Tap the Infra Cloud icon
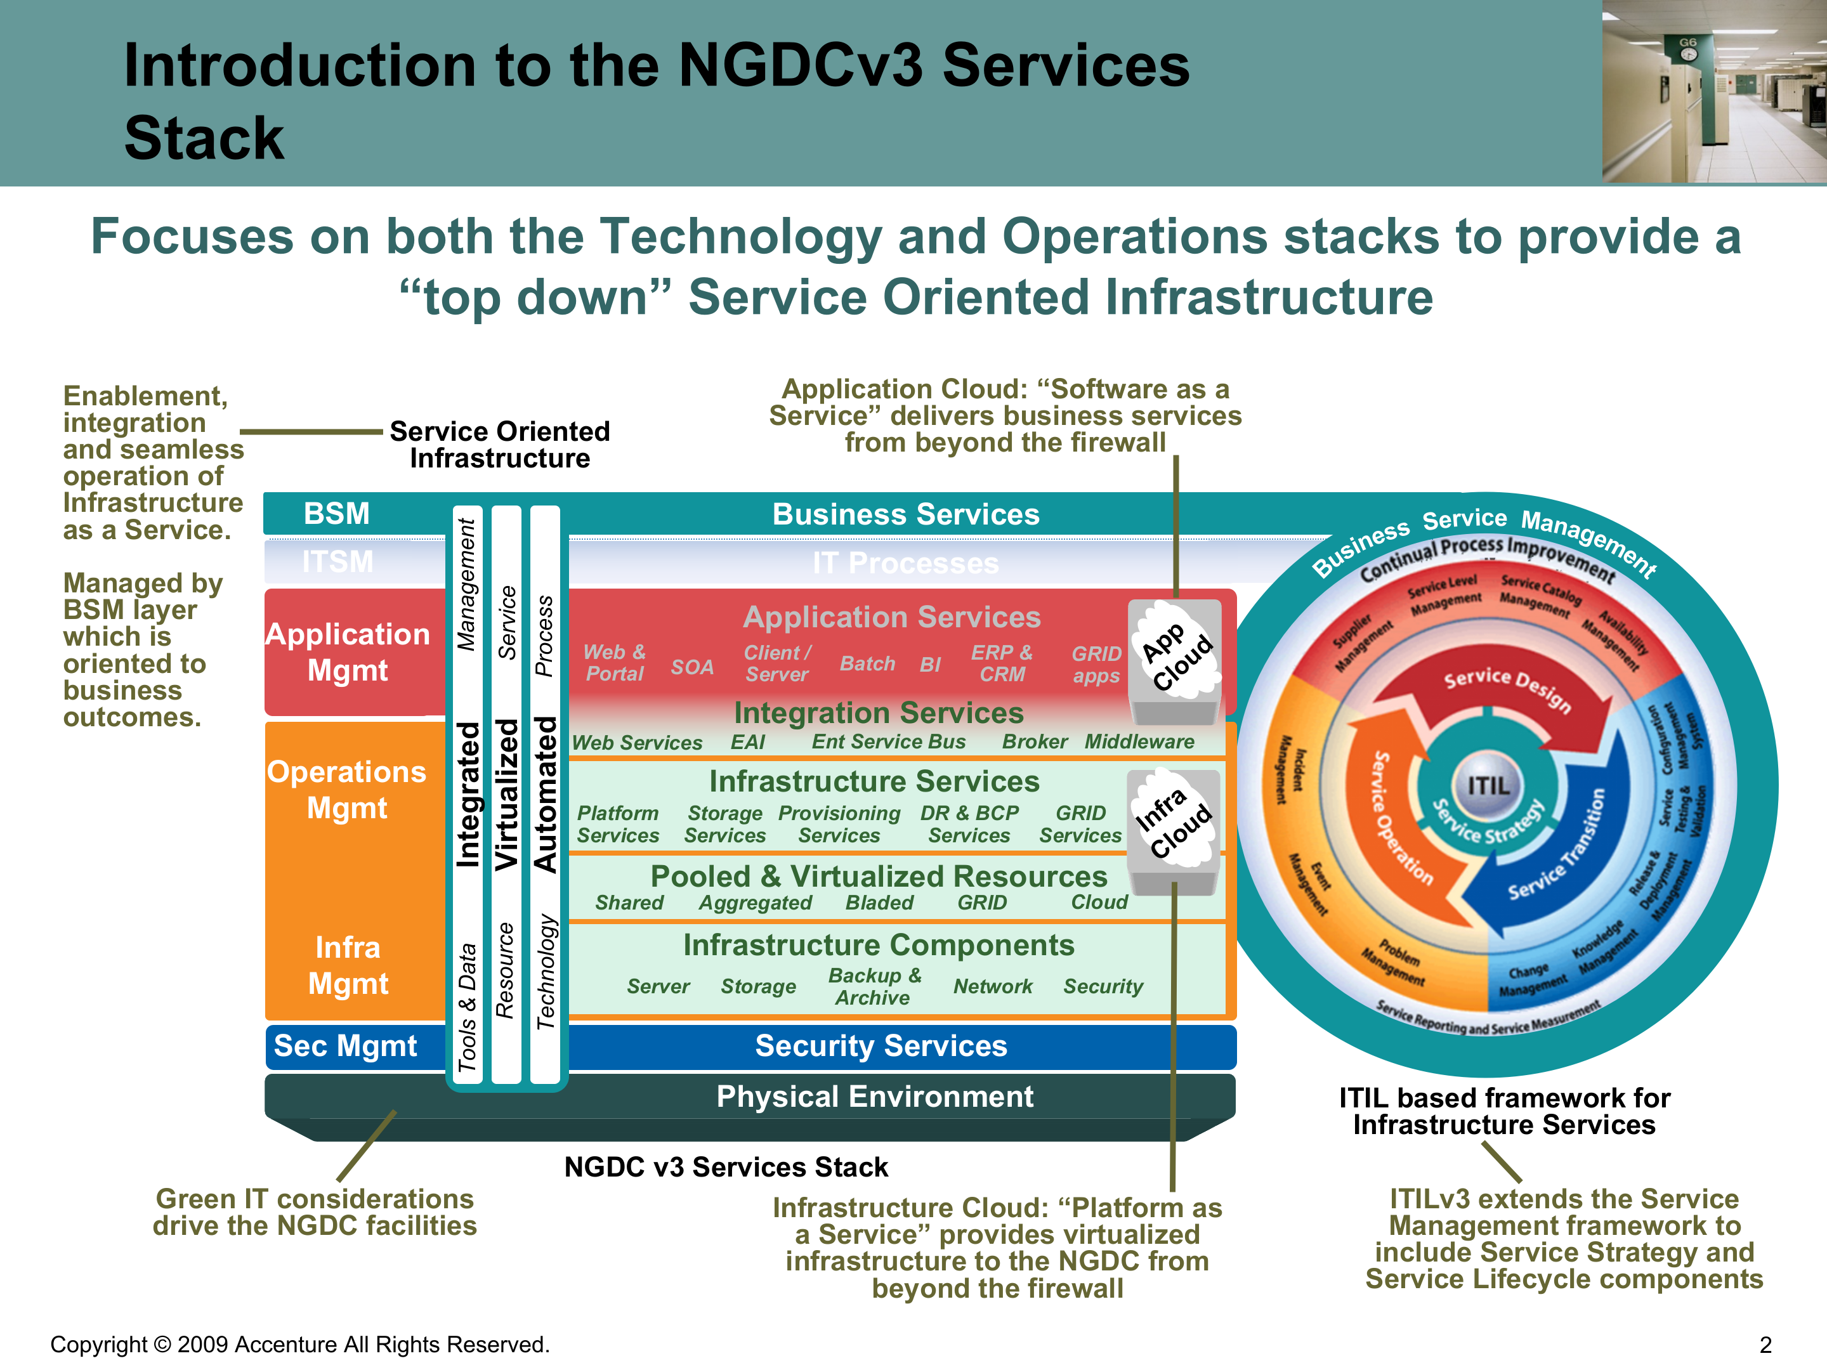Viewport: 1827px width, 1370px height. (1174, 821)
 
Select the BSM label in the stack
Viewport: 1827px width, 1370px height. (336, 514)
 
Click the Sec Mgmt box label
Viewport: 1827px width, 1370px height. (345, 1047)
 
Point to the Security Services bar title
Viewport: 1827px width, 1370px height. (881, 1047)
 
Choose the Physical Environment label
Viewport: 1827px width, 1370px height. (874, 1097)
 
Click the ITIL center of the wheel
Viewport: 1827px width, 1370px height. (1488, 785)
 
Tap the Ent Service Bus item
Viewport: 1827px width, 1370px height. (888, 741)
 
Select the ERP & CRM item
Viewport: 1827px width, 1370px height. (1001, 663)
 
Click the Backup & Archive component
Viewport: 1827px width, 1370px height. (874, 986)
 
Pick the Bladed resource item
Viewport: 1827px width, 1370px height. (879, 903)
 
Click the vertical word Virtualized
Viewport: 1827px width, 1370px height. (506, 795)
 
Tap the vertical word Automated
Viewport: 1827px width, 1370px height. (545, 795)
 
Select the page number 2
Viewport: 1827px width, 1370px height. (1765, 1345)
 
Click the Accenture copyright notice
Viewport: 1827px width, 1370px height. (300, 1345)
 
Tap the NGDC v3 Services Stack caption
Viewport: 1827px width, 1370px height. (725, 1167)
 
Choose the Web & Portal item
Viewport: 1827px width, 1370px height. (615, 663)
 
